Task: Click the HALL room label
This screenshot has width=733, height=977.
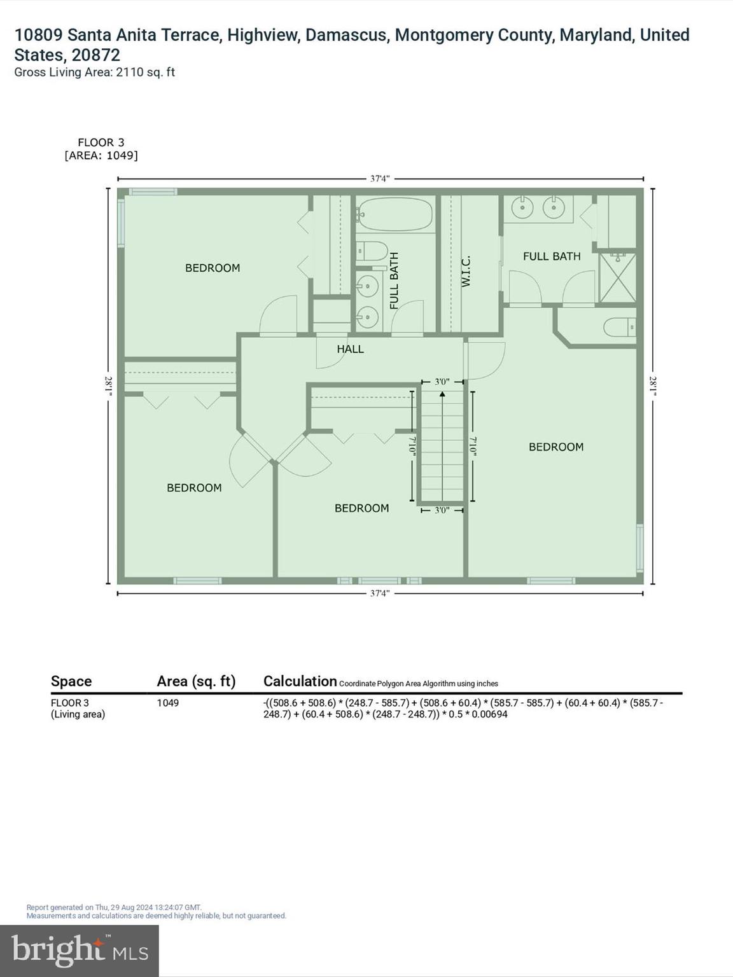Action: point(350,349)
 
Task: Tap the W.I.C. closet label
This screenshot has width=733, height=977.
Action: point(466,271)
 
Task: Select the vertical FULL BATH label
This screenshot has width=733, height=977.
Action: point(394,281)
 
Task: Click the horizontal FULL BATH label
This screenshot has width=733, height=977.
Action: point(552,256)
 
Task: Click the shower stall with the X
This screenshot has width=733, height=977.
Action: point(618,278)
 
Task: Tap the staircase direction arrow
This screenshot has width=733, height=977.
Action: point(442,395)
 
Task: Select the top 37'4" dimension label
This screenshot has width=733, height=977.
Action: point(380,179)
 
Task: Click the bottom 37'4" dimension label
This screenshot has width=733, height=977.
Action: point(380,593)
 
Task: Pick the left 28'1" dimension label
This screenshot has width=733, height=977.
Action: point(109,386)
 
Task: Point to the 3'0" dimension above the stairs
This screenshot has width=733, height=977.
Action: point(442,382)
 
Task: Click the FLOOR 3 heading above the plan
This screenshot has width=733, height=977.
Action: point(101,142)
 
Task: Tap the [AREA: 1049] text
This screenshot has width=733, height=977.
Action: point(101,155)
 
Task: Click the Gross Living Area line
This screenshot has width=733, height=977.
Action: point(94,73)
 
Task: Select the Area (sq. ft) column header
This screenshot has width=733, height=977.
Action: point(196,681)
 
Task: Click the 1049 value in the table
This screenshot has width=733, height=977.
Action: point(168,703)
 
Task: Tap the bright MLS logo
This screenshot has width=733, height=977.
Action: point(80,950)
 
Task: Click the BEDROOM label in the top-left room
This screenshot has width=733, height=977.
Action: point(213,268)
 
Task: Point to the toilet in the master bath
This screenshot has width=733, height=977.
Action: point(620,328)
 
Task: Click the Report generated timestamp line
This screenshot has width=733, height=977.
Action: point(114,908)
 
